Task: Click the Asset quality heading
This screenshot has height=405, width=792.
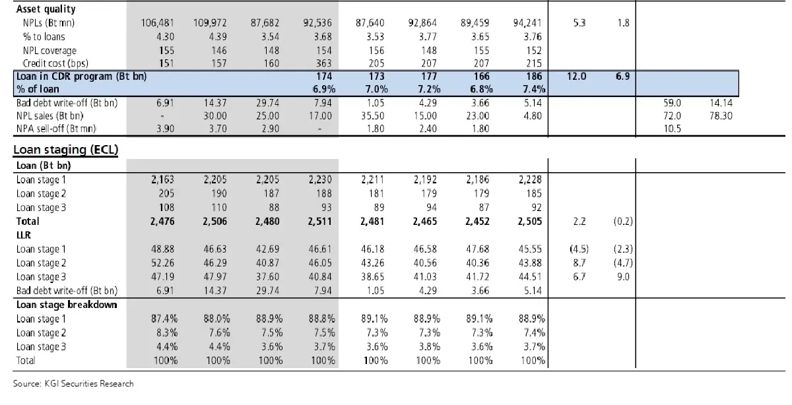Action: click(x=45, y=9)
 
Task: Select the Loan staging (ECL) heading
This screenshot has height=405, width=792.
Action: click(x=65, y=150)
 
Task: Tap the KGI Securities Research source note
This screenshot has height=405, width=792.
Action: click(x=73, y=383)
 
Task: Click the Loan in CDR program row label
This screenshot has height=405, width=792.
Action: click(x=81, y=76)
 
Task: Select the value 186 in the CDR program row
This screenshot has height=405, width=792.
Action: click(x=533, y=76)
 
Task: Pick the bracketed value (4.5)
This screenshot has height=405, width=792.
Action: click(x=579, y=249)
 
